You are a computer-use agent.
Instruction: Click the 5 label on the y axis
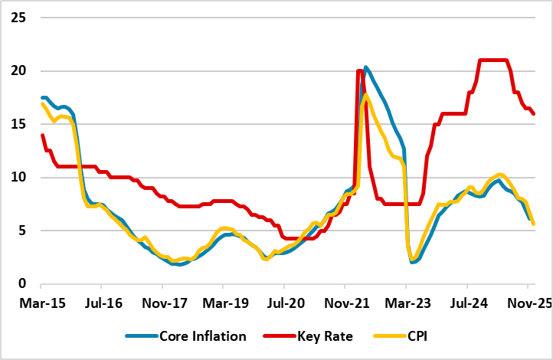[x=21, y=231]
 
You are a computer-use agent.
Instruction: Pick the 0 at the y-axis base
[x=21, y=283]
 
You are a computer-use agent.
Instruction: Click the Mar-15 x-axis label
[x=41, y=303]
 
